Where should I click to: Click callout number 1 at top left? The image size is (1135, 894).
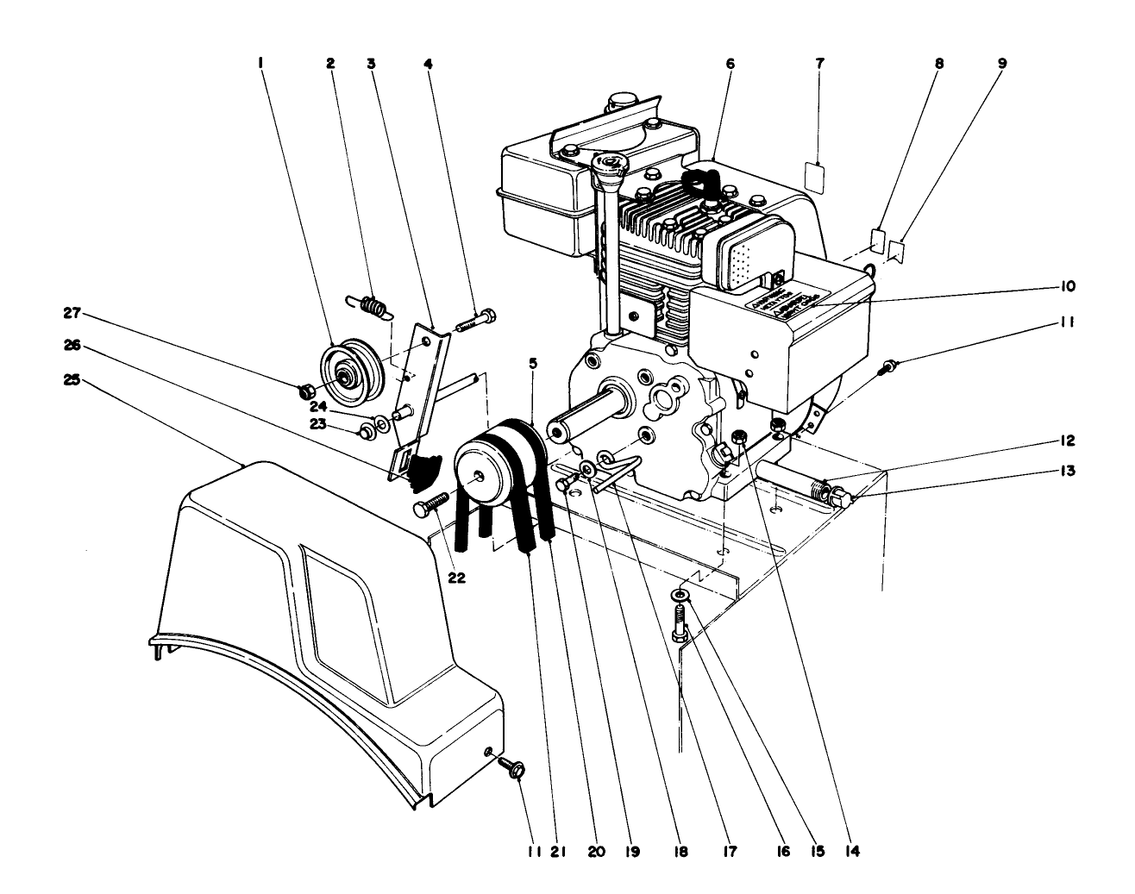[260, 63]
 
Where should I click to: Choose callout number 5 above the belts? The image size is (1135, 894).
[534, 364]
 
